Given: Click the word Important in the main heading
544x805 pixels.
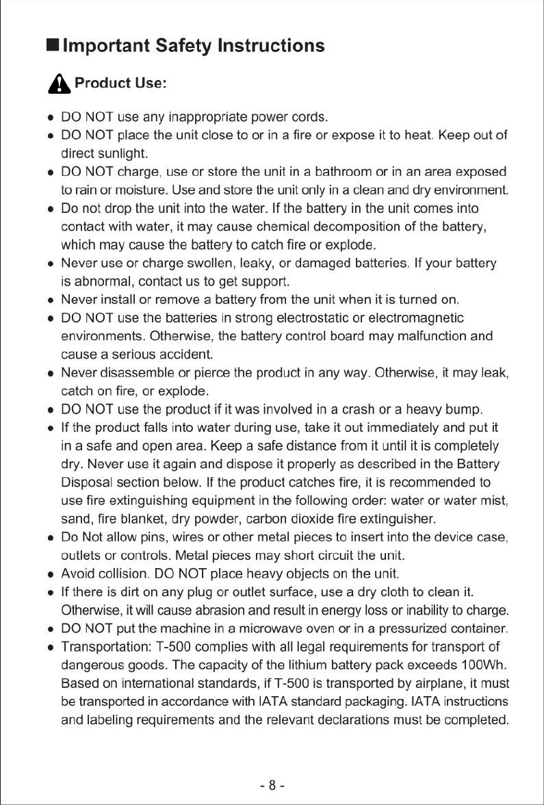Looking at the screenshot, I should [x=105, y=46].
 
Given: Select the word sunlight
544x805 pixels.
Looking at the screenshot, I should [x=120, y=153].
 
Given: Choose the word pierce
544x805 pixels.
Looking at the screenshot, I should [x=210, y=374].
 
